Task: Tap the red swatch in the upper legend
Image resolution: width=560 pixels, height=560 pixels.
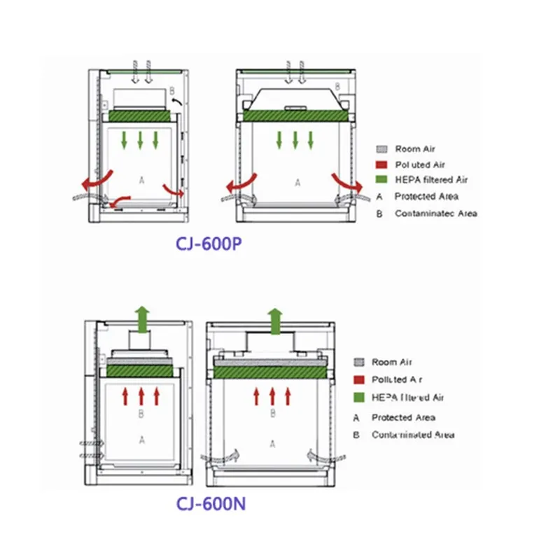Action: [x=382, y=164]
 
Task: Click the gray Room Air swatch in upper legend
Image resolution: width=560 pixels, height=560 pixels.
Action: [x=382, y=149]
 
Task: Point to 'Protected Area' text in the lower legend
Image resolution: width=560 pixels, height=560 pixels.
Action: [x=403, y=417]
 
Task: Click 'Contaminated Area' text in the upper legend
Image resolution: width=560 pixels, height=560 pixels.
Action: [x=435, y=213]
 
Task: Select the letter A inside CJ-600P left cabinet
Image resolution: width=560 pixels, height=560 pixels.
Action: [x=141, y=180]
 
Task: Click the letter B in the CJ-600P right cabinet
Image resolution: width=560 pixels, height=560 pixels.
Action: [x=338, y=86]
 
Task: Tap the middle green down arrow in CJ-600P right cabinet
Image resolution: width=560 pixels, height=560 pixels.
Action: [x=295, y=139]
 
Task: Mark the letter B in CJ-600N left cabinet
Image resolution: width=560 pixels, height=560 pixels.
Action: [x=141, y=414]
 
